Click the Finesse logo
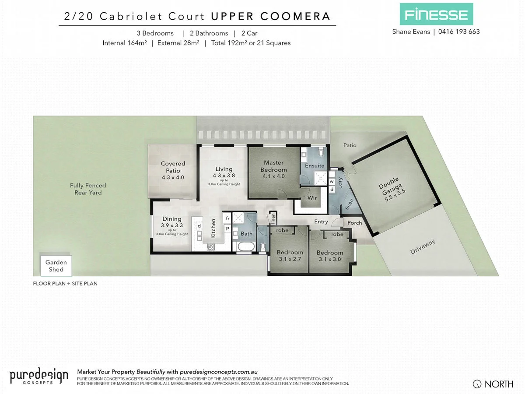436,14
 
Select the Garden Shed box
56,266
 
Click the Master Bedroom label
273,166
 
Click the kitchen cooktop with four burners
210,246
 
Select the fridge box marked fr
227,218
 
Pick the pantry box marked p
227,228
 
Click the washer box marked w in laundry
332,181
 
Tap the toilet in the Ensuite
321,153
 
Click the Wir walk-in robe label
312,198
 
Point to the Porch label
354,223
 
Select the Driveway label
423,247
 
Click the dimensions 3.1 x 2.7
290,259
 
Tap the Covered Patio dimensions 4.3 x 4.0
173,178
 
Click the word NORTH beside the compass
499,384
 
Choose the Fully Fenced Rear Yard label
88,189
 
